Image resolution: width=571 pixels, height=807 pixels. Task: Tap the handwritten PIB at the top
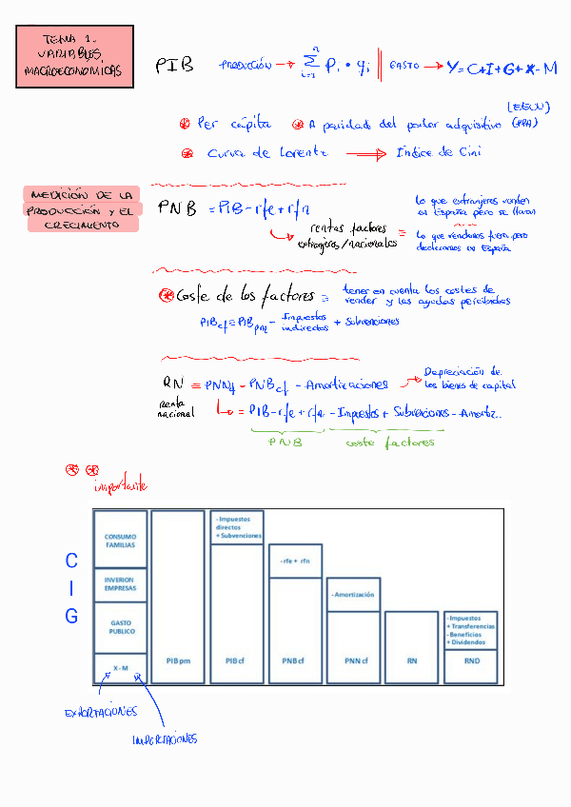(x=174, y=65)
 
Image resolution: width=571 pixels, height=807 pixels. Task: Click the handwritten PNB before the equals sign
(x=177, y=207)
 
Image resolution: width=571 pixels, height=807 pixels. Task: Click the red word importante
(x=120, y=486)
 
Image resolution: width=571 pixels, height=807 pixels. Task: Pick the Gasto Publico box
(x=120, y=626)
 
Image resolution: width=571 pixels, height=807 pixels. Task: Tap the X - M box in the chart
(x=120, y=668)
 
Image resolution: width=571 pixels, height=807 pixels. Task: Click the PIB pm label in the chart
(x=178, y=659)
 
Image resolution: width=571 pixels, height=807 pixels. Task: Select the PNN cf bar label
(x=353, y=659)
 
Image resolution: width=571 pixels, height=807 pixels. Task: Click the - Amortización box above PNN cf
(x=353, y=594)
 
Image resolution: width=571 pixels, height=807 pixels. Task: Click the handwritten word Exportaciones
(x=100, y=712)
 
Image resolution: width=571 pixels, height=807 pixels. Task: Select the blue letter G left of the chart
(x=71, y=617)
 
